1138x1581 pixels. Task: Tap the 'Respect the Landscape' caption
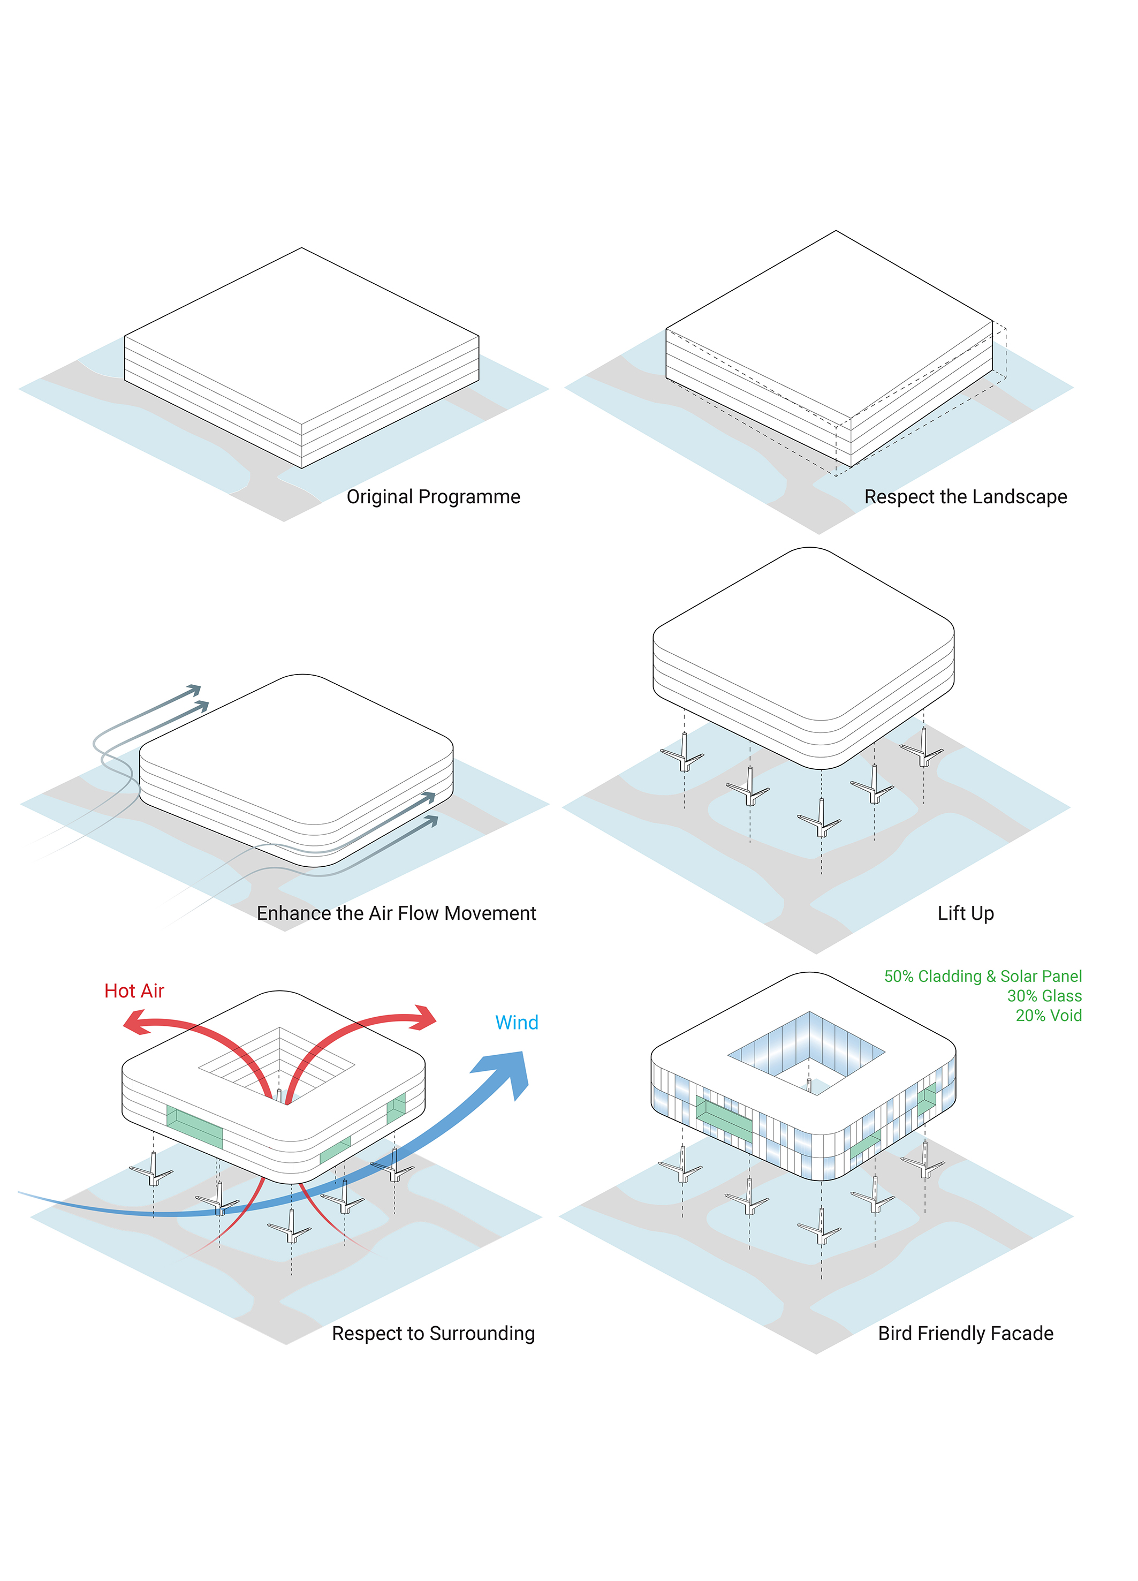[965, 496]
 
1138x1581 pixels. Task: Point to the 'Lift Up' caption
[965, 913]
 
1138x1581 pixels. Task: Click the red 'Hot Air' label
[134, 990]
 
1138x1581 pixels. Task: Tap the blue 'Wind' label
[517, 1022]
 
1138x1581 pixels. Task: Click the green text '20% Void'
[1048, 1015]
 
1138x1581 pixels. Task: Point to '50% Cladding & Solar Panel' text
[983, 976]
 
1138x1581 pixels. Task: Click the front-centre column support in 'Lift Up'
[821, 820]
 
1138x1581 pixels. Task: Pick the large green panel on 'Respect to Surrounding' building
[194, 1126]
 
